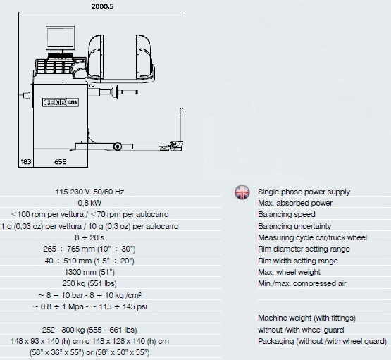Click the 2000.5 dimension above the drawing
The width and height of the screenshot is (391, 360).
[x=102, y=6]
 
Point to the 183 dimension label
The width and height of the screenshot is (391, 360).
[x=26, y=162]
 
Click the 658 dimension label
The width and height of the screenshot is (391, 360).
[x=61, y=162]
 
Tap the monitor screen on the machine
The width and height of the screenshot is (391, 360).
[x=60, y=38]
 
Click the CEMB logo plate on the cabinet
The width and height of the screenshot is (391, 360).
[x=61, y=102]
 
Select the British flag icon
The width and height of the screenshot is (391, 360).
[x=242, y=192]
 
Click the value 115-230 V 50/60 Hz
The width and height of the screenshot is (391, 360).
[x=89, y=192]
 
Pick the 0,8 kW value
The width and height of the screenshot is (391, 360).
[x=89, y=203]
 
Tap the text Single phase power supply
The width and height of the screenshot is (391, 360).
[x=304, y=192]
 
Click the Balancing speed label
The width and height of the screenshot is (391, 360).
[x=287, y=214]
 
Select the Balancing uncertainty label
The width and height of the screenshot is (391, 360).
[x=294, y=226]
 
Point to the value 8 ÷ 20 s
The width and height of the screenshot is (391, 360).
[x=89, y=237]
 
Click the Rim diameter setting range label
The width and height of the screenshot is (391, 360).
[x=304, y=249]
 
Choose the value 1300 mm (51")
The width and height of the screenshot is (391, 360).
[x=89, y=272]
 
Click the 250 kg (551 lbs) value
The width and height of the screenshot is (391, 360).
[x=89, y=283]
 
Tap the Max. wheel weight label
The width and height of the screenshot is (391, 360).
[x=290, y=272]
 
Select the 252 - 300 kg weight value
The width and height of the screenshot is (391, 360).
[x=89, y=330]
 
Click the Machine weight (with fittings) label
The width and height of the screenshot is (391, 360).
[x=306, y=318]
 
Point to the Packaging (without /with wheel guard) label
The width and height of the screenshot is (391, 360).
[x=322, y=341]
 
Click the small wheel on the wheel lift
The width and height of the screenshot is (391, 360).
[x=118, y=147]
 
